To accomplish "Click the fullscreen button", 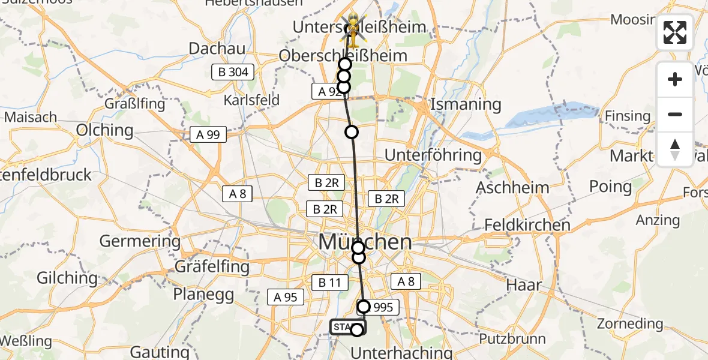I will [675, 32].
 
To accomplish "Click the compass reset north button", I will [675, 149].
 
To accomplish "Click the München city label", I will [365, 242].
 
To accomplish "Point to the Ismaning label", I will [466, 104].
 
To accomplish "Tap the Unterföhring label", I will [433, 155].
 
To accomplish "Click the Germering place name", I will [139, 242].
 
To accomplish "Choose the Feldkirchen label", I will [527, 226].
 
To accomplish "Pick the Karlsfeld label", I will [251, 100].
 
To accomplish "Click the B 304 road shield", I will [233, 73].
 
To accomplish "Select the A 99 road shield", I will [208, 134].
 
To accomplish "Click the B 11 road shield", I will [329, 281].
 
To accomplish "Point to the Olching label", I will [105, 130].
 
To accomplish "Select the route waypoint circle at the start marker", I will [357, 329].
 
